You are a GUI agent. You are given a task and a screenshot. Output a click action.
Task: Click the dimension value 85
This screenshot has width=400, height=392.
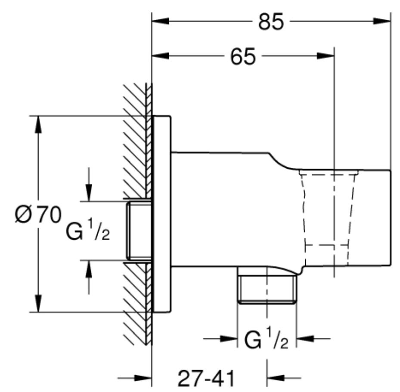[x=271, y=22]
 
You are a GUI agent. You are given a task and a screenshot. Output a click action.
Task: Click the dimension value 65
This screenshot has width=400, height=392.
[x=242, y=56]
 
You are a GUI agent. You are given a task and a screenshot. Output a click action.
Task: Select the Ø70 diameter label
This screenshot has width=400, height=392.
[x=38, y=214]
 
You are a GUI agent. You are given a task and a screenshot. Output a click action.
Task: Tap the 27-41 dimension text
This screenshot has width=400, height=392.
[x=206, y=379]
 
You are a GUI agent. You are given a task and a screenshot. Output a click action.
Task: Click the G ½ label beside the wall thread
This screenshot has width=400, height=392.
[x=88, y=229]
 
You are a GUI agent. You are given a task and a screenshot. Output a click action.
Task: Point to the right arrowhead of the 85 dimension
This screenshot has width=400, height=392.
[x=382, y=21]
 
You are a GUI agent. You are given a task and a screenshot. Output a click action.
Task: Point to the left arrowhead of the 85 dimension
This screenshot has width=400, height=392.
[x=161, y=21]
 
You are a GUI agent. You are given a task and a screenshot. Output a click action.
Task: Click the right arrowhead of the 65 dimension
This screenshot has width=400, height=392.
[x=326, y=56]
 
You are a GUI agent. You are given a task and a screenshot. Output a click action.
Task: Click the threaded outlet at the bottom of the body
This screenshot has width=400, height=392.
[x=267, y=285]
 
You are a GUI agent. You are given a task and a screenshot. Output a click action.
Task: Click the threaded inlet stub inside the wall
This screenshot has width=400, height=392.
[x=139, y=231]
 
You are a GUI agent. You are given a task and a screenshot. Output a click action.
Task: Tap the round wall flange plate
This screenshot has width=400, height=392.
[x=162, y=214]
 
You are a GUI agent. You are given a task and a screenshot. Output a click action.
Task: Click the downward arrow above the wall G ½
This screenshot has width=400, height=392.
[x=89, y=184]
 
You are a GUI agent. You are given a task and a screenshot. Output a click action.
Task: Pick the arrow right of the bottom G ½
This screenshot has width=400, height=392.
[x=313, y=339]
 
